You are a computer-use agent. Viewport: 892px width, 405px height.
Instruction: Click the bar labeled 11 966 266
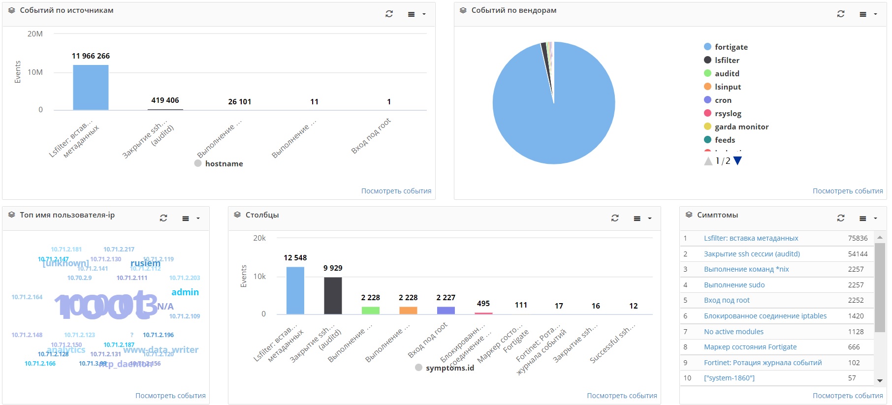point(91,88)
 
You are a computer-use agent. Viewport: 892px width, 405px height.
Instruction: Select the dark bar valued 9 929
point(333,295)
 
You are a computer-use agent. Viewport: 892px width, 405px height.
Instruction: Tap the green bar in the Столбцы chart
point(370,310)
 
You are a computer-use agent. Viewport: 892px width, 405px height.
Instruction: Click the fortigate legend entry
point(731,47)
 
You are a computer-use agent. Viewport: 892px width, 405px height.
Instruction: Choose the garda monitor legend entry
point(741,127)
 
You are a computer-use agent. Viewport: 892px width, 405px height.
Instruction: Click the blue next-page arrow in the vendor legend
point(737,161)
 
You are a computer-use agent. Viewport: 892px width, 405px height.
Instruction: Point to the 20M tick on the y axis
point(35,34)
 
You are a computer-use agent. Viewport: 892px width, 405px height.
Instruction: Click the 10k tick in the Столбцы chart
point(259,277)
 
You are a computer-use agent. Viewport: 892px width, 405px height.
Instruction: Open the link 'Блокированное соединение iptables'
point(765,316)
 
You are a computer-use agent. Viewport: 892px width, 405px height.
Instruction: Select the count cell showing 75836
point(858,238)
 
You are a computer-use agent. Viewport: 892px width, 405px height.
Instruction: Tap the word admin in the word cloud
point(185,292)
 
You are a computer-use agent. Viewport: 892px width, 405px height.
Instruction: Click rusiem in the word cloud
point(145,263)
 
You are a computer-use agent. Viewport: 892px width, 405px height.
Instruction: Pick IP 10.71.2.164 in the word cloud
point(27,297)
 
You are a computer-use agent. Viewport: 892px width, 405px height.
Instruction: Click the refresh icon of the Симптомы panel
point(841,218)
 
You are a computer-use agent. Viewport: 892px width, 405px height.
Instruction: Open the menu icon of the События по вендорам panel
point(863,14)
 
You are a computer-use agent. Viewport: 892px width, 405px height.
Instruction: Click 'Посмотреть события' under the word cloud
point(170,396)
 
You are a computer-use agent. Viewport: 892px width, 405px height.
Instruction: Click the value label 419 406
point(165,100)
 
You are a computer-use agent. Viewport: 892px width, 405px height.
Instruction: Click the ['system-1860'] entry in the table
point(729,378)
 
